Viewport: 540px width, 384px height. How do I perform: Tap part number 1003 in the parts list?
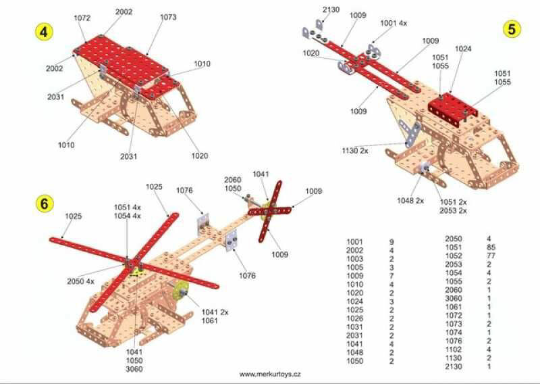pos(354,258)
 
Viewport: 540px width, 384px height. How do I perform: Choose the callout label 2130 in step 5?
pos(331,9)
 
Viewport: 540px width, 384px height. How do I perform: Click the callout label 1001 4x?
pos(394,23)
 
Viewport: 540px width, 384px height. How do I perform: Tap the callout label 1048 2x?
pos(410,201)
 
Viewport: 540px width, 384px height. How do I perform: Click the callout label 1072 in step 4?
pos(83,18)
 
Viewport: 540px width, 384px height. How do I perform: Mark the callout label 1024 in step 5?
pos(463,49)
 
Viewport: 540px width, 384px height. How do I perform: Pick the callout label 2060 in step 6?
pos(233,180)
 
